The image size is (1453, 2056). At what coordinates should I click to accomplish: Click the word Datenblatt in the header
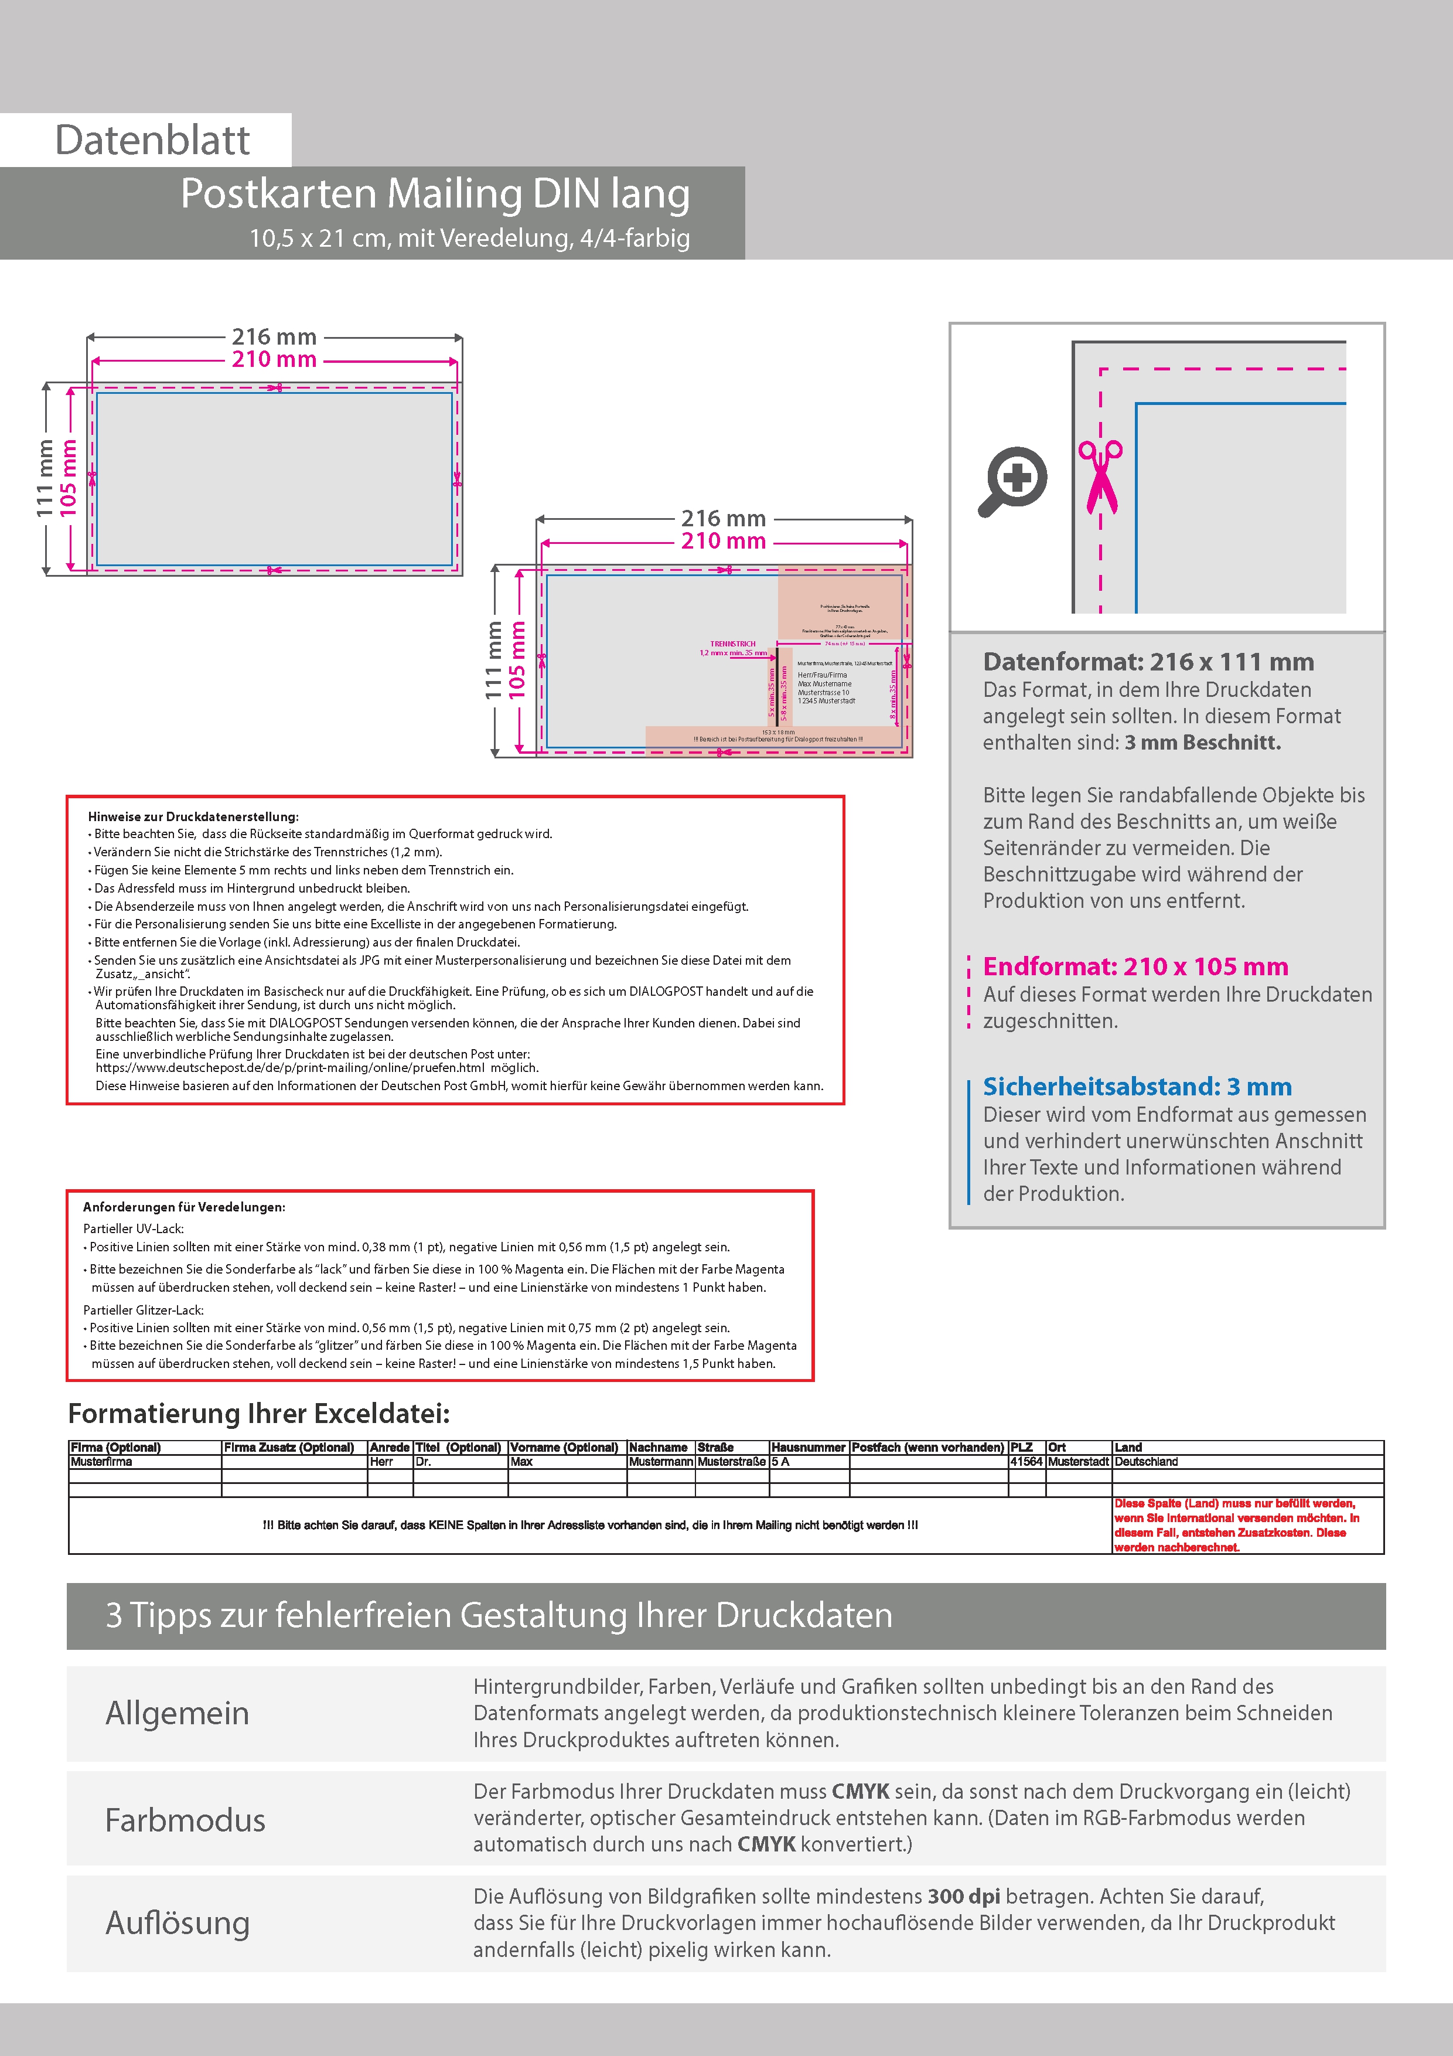click(152, 141)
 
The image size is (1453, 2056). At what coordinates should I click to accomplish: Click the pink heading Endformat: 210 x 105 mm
click(1135, 966)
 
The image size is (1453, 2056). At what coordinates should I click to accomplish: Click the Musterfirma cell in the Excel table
click(101, 1461)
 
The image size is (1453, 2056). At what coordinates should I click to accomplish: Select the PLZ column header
click(1021, 1447)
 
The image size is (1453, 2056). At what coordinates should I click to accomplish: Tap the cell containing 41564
click(1026, 1461)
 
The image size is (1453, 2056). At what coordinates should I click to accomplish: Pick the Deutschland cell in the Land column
click(1146, 1461)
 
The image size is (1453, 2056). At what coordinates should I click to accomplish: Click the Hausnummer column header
click(807, 1447)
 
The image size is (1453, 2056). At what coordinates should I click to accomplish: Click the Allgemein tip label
click(178, 1713)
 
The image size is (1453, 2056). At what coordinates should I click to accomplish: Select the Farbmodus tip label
click(185, 1820)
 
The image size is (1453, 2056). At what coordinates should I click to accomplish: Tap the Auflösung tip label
click(178, 1922)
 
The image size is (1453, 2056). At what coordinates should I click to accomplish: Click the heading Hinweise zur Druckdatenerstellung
click(193, 816)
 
